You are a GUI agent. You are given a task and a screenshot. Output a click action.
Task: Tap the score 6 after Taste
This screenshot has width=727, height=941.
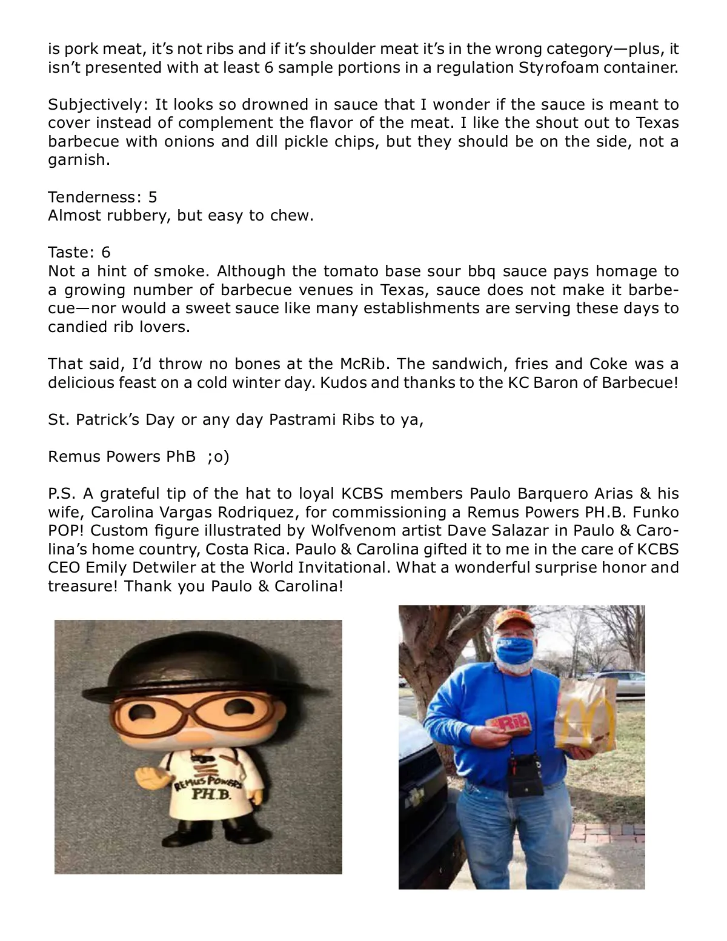pos(106,252)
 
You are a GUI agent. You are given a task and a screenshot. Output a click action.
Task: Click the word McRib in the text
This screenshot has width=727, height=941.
pos(355,364)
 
